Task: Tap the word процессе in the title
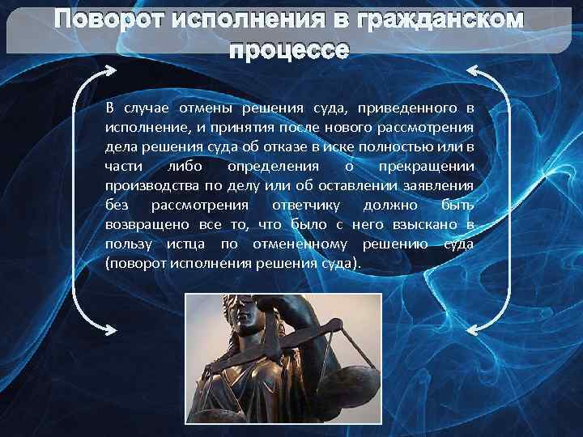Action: pyautogui.click(x=290, y=51)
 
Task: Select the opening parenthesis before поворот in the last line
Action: pyautogui.click(x=108, y=265)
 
